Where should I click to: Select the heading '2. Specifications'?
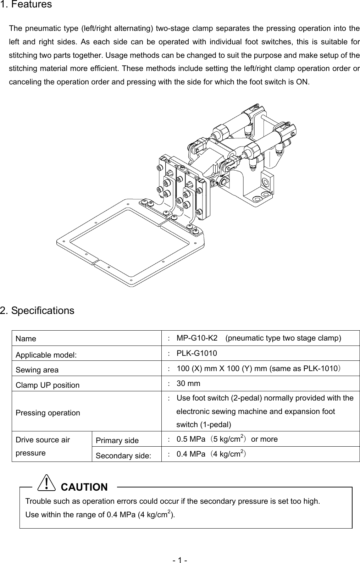[x=37, y=311]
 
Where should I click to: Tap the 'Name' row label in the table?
[x=26, y=339]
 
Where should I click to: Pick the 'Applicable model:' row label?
[x=46, y=355]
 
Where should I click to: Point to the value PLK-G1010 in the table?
[x=197, y=353]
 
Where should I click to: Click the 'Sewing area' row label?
[x=37, y=370]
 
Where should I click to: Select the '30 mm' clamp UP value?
[x=188, y=383]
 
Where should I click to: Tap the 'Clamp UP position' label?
[x=48, y=385]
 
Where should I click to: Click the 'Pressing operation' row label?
[x=48, y=413]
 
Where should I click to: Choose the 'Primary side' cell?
[x=117, y=441]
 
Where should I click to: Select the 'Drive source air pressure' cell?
[x=43, y=446]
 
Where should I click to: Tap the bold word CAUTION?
[x=84, y=487]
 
